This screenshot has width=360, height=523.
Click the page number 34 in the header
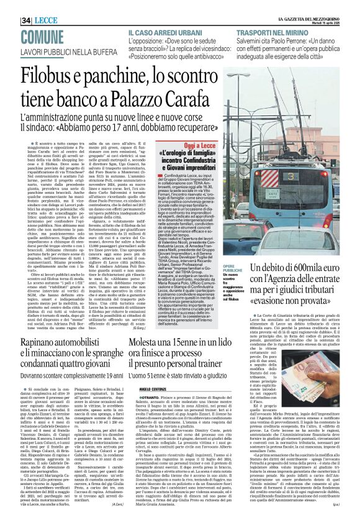10,6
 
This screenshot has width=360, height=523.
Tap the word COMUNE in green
25,20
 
